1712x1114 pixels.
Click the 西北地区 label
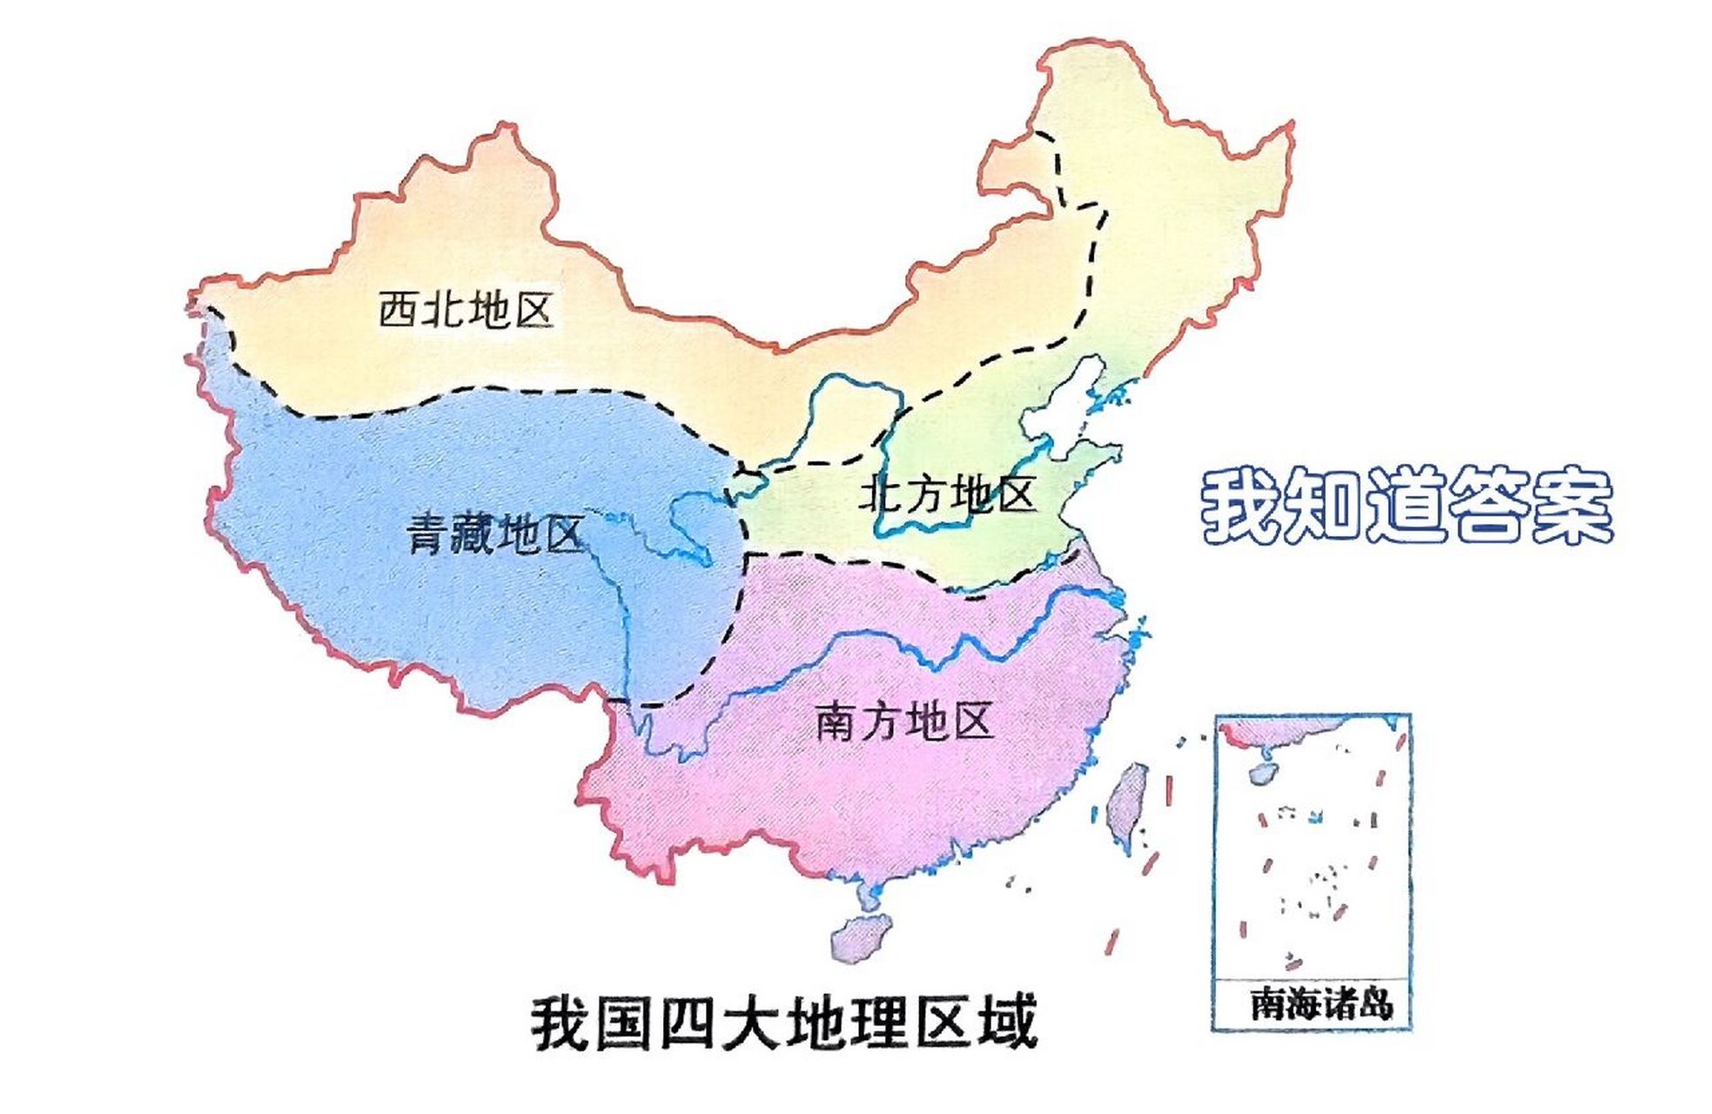point(466,310)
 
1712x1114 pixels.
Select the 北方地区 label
point(947,495)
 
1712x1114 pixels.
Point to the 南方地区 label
point(904,721)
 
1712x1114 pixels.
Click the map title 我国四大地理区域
point(784,1023)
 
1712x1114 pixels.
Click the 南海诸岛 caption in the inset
point(1320,1003)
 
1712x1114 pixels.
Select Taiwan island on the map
point(1126,801)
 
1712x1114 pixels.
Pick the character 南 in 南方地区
point(836,721)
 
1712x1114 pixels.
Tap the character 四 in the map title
point(688,1023)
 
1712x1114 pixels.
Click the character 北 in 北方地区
point(879,495)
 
